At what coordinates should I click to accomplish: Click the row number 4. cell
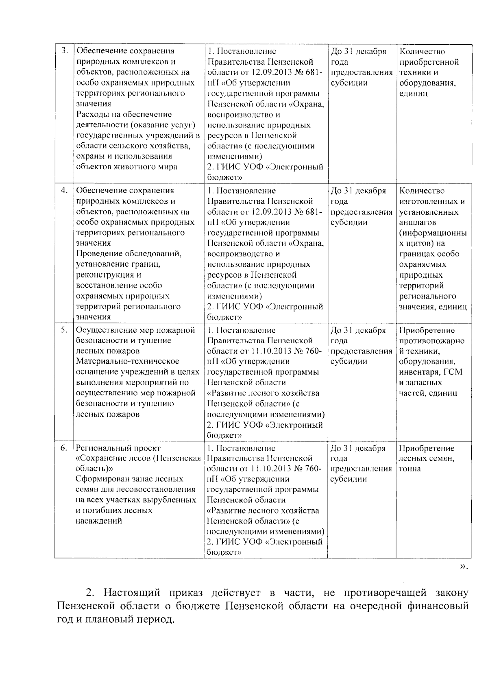pyautogui.click(x=64, y=190)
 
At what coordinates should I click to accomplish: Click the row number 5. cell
pyautogui.click(x=64, y=330)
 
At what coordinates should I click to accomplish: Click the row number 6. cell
pyautogui.click(x=64, y=448)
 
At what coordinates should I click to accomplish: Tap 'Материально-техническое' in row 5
pyautogui.click(x=128, y=362)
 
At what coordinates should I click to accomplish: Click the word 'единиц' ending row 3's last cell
pyautogui.click(x=414, y=94)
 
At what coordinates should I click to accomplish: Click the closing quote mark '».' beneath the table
pyautogui.click(x=463, y=566)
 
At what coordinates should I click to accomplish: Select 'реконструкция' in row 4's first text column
pyautogui.click(x=103, y=275)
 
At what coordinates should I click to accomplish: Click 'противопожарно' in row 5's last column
pyautogui.click(x=432, y=341)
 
